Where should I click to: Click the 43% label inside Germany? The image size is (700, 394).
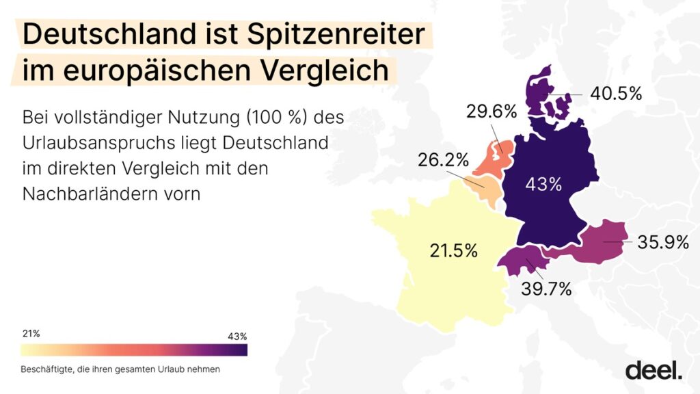point(543,184)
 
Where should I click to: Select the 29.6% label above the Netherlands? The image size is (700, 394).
point(491,111)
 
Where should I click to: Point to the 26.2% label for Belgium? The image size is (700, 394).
point(444,160)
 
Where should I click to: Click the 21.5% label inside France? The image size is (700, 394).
point(453,250)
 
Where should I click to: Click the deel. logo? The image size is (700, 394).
point(654,369)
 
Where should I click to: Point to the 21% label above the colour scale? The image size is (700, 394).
point(31,334)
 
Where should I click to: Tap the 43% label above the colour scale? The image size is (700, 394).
point(237,336)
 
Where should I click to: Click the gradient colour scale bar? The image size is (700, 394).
point(134,350)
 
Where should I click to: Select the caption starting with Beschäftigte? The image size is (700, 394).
point(120,369)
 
